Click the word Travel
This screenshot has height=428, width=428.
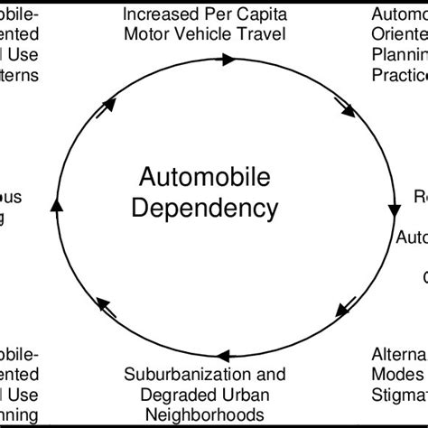(x=263, y=35)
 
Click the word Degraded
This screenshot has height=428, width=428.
(x=169, y=393)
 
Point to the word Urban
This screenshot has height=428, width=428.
(x=235, y=393)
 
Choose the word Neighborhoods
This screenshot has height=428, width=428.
(x=205, y=413)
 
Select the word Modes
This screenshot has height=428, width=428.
(x=397, y=373)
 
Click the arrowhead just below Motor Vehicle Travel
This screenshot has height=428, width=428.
(x=228, y=60)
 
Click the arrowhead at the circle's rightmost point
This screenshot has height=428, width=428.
(x=395, y=209)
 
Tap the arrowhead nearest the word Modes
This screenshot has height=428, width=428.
(x=344, y=307)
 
